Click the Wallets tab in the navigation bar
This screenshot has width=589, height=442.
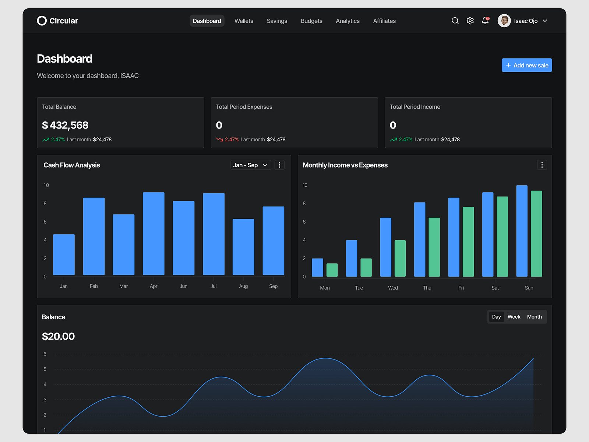click(244, 21)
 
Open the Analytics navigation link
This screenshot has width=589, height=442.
click(348, 21)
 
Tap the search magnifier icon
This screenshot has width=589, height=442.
click(455, 21)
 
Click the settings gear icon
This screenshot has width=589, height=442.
click(470, 21)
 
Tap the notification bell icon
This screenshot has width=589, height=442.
click(485, 21)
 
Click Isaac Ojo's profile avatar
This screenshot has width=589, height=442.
click(504, 21)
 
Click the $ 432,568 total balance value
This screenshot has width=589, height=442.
click(65, 125)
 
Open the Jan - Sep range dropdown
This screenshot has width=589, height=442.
click(250, 165)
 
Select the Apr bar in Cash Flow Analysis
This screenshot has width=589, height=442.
click(154, 234)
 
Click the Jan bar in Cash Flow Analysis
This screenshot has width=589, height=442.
click(64, 255)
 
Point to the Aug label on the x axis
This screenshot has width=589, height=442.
click(243, 286)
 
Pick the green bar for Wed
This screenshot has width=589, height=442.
click(400, 258)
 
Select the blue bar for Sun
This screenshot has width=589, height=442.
click(522, 231)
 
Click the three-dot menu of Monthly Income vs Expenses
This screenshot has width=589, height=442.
click(542, 165)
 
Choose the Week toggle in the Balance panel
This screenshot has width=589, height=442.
click(514, 317)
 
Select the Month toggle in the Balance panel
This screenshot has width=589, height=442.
click(534, 317)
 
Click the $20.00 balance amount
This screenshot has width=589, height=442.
click(58, 336)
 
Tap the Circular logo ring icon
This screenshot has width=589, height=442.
click(42, 21)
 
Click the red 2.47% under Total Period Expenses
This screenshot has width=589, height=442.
click(232, 140)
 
